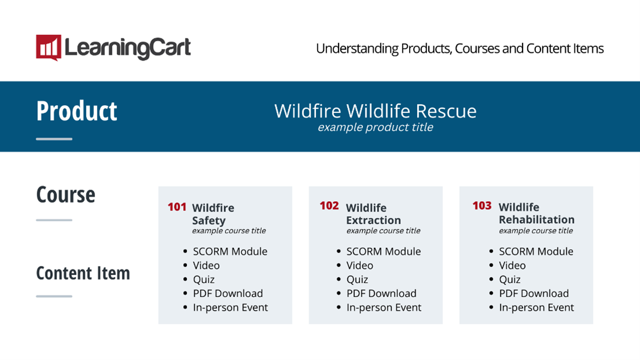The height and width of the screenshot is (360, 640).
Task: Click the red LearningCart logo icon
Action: click(48, 47)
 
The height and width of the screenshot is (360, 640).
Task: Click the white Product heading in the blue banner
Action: click(77, 111)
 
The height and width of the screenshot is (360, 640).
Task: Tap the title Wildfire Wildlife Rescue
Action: click(375, 111)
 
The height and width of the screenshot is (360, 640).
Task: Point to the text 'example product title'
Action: click(375, 127)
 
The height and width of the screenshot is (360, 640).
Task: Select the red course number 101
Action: click(177, 207)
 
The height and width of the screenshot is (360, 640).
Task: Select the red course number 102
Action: click(329, 206)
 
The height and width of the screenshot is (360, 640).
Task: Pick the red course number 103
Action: click(482, 206)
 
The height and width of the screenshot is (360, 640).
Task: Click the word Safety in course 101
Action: click(208, 221)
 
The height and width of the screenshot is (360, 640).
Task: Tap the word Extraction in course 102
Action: click(374, 220)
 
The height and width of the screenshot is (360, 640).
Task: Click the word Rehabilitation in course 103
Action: click(537, 220)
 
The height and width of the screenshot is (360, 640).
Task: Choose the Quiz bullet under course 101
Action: click(204, 280)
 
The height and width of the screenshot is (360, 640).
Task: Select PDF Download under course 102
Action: click(381, 294)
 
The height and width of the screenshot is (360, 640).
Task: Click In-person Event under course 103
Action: click(536, 307)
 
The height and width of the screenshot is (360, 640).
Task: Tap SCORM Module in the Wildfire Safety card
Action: click(230, 251)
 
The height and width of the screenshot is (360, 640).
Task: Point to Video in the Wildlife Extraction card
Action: click(360, 266)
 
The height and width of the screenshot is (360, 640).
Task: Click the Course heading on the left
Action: click(66, 195)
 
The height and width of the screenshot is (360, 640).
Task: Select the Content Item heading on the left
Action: click(83, 273)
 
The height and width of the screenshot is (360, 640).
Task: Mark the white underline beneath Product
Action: click(54, 139)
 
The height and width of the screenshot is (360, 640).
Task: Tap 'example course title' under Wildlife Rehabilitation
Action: click(536, 231)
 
